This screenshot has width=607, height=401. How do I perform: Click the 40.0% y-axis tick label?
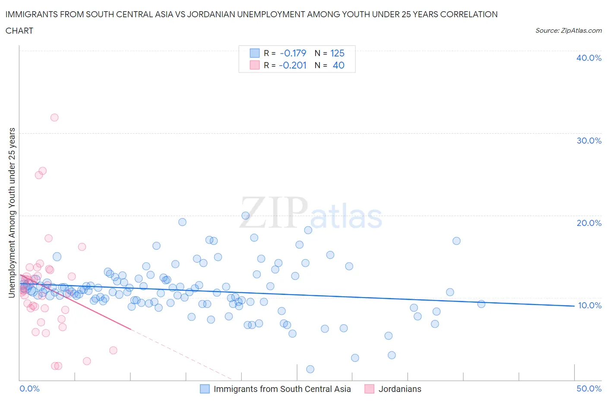[x=588, y=58]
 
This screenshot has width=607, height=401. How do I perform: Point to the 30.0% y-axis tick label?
[x=588, y=141]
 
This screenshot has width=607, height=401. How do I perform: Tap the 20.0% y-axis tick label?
[x=588, y=223]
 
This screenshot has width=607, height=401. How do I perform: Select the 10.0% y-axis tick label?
[x=589, y=305]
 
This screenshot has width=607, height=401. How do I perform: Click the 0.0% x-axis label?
[x=29, y=388]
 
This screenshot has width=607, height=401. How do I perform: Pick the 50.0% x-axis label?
[x=589, y=388]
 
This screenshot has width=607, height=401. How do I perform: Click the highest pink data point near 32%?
[x=54, y=117]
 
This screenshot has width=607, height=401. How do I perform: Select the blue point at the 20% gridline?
[x=246, y=216]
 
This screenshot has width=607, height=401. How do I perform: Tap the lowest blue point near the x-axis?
[x=310, y=369]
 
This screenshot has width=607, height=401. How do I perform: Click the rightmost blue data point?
[x=481, y=304]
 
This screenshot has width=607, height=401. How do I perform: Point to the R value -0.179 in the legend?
[x=293, y=53]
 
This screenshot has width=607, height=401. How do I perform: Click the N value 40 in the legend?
[x=338, y=65]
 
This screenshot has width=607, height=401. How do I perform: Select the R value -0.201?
[x=293, y=65]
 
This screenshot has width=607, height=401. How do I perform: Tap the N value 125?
[x=337, y=53]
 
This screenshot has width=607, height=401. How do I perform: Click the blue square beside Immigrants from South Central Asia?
[x=205, y=389]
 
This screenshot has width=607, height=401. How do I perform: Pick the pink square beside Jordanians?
[x=369, y=389]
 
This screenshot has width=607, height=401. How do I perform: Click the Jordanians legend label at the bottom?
[x=400, y=389]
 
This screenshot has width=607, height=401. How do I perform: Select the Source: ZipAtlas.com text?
[x=568, y=31]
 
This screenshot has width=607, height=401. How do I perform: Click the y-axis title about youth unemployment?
[x=12, y=213]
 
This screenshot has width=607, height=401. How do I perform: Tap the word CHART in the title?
[x=19, y=31]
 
